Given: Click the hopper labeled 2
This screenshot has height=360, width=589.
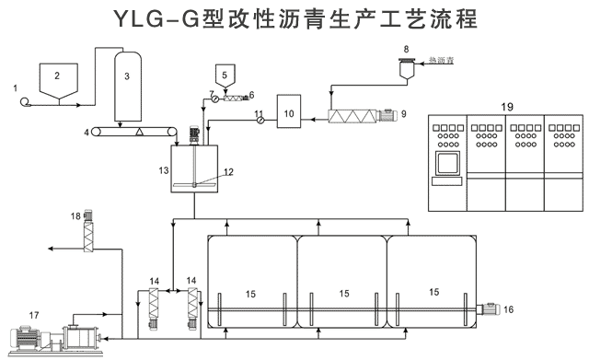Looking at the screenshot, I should tap(57, 79).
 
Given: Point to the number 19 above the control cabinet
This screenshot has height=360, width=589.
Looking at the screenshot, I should tap(506, 108).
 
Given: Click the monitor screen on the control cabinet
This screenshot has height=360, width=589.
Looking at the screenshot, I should tap(449, 165).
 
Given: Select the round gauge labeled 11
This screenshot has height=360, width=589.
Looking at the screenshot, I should tap(260, 119).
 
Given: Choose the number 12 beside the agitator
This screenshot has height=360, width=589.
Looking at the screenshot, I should tap(229, 172).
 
